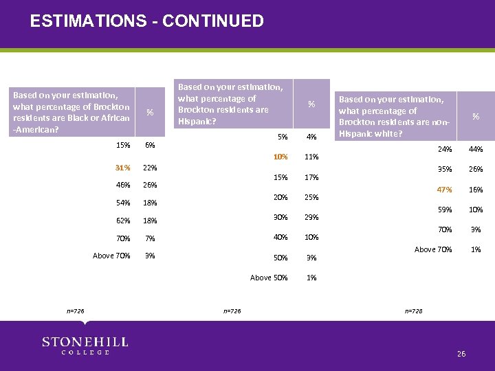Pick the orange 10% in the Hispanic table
[280, 157]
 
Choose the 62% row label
[123, 221]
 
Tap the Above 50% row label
[269, 278]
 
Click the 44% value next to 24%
[476, 149]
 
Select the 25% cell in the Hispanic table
[311, 197]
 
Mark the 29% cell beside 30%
[311, 217]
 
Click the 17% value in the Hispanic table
[311, 177]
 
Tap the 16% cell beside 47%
[476, 190]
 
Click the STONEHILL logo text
[76, 341]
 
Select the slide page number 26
[461, 353]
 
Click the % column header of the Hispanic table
[311, 104]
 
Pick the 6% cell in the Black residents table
[150, 145]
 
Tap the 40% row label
[280, 237]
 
